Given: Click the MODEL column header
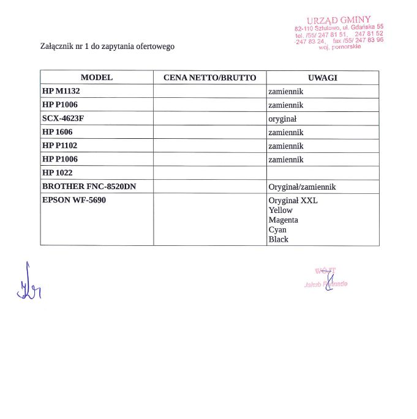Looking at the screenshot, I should point(97,78).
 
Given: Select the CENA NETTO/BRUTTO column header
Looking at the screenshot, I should point(209,78).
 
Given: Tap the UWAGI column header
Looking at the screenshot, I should point(322,78).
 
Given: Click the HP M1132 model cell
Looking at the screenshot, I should point(61,91).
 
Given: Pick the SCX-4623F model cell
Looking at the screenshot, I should point(62,118).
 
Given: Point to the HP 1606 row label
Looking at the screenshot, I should point(58,132).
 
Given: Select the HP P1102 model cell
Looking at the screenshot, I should point(60,146).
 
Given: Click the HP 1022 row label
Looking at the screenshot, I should point(57,173).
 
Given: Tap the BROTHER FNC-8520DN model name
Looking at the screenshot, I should point(89,187).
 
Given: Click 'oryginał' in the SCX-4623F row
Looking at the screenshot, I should point(282,119).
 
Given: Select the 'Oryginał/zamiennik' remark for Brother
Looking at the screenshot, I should point(302,187).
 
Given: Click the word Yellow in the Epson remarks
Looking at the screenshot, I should point(280,210).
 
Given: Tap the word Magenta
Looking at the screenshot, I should point(284,220).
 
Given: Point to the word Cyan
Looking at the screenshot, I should point(277,229).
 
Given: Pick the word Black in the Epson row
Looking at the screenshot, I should point(278,239).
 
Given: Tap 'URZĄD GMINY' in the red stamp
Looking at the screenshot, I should point(338,20).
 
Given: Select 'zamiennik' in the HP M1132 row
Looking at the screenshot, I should point(286,91).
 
